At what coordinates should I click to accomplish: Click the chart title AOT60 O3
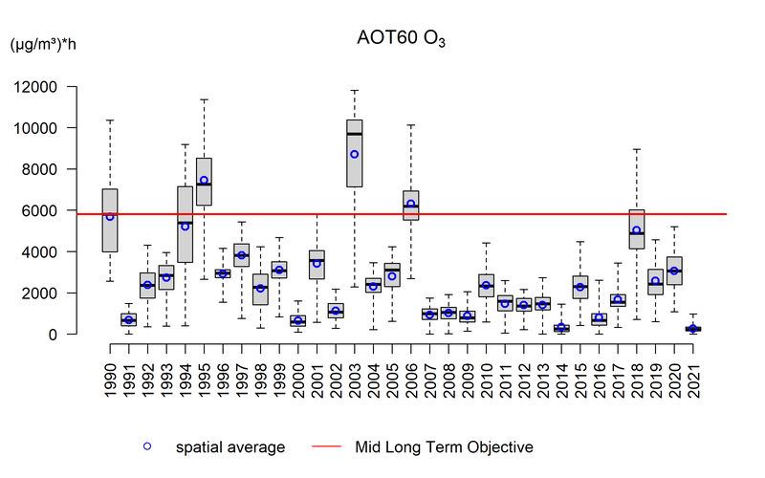click(401, 41)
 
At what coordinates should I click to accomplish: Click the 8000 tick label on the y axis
click(66, 169)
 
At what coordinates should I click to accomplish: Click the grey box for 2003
click(354, 153)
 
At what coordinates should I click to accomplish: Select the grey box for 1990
click(110, 220)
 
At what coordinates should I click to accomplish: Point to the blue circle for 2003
click(354, 154)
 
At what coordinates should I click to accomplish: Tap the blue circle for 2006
click(410, 204)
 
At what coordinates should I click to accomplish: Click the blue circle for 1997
click(242, 255)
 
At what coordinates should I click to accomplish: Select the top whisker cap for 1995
click(204, 98)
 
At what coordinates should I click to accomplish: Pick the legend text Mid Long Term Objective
click(444, 446)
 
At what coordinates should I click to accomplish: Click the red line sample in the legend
click(325, 446)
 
